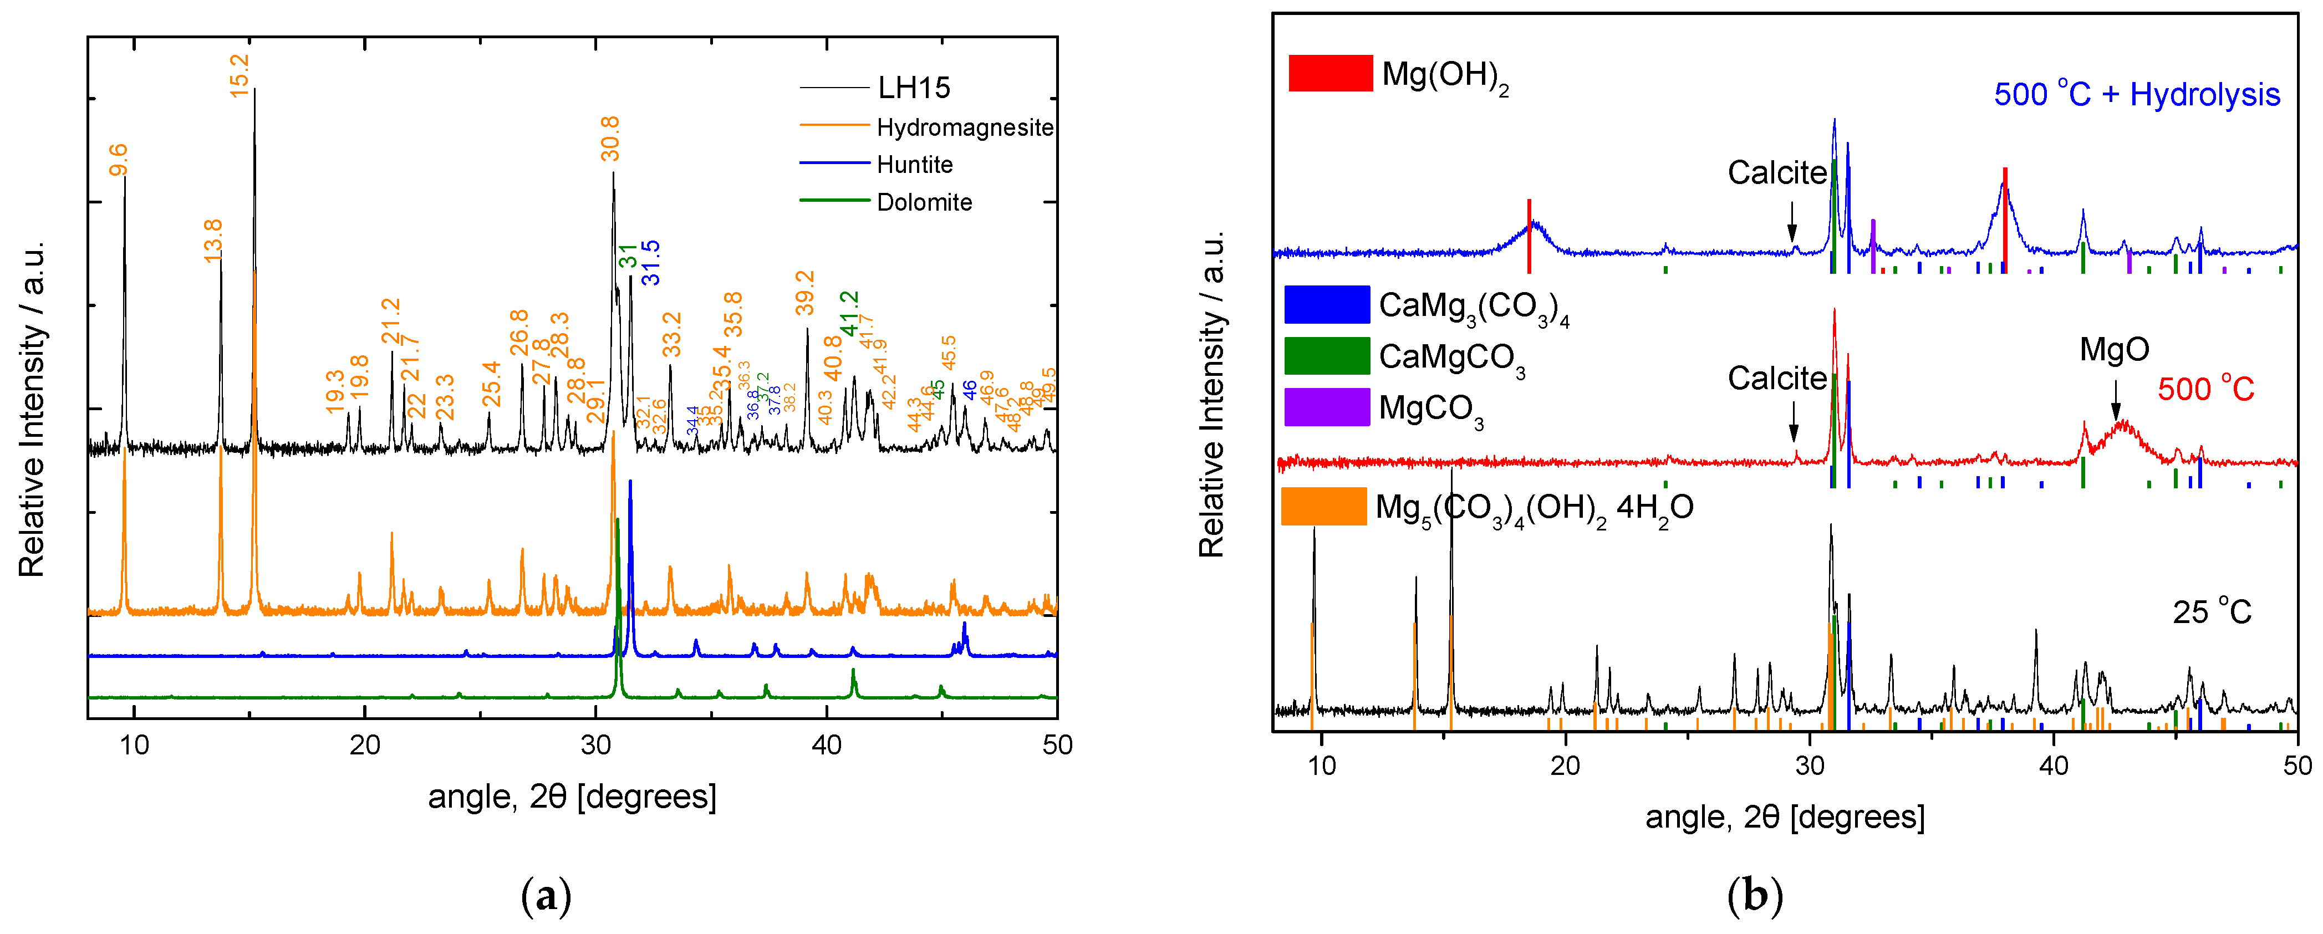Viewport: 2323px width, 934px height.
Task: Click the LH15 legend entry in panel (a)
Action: tap(914, 88)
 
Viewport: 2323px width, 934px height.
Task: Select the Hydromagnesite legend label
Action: tap(964, 127)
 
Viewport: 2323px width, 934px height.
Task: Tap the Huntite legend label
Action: tap(914, 165)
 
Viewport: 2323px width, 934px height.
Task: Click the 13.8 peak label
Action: tap(213, 241)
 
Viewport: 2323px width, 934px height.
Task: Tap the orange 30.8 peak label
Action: tap(610, 138)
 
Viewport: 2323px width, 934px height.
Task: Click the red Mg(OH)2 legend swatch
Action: tap(1330, 73)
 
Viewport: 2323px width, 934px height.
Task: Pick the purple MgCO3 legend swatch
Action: tap(1327, 407)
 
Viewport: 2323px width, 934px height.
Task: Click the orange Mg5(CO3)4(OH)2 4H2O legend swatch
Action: tap(1324, 507)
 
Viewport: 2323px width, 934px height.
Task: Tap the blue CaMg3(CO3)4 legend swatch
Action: tap(1327, 305)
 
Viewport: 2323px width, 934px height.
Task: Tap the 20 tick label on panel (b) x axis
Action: tap(1566, 765)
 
